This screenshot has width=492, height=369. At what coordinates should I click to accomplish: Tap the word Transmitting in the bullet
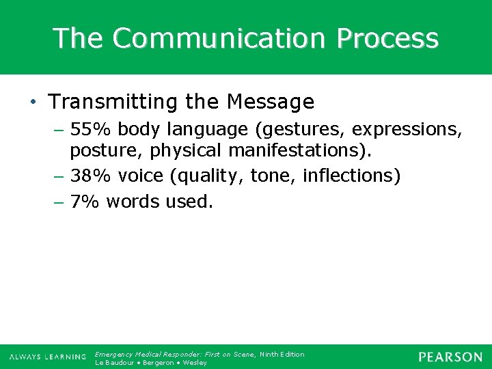(114, 102)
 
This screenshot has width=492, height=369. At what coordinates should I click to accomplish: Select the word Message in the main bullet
(271, 102)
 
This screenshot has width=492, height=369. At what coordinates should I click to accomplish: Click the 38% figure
(92, 176)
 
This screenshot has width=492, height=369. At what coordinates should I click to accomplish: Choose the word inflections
(350, 176)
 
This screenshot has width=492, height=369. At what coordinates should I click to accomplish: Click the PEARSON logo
(450, 357)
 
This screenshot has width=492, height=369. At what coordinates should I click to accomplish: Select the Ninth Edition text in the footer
(282, 354)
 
